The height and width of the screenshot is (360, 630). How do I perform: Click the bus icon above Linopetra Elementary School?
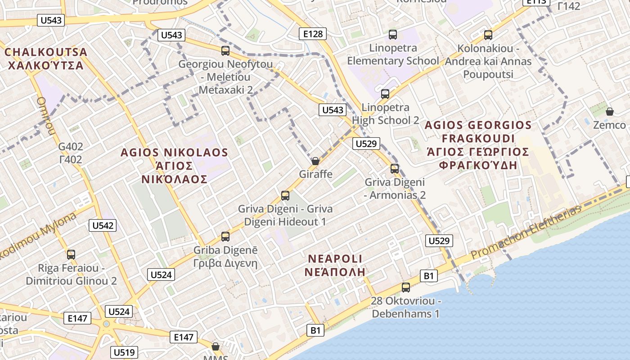pyautogui.click(x=393, y=34)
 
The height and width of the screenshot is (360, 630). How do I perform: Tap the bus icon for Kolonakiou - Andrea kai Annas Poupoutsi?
pyautogui.click(x=488, y=35)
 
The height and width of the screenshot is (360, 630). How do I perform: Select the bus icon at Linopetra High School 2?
pyautogui.click(x=385, y=94)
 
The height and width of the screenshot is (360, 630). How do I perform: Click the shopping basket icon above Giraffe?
pyautogui.click(x=315, y=161)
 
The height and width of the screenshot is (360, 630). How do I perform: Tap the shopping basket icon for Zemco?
pyautogui.click(x=610, y=111)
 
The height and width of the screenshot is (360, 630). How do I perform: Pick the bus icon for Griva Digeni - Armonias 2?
pyautogui.click(x=395, y=168)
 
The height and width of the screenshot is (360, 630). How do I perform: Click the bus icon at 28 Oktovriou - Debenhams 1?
pyautogui.click(x=406, y=287)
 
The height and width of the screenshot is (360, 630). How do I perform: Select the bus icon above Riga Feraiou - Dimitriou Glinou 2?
pyautogui.click(x=71, y=254)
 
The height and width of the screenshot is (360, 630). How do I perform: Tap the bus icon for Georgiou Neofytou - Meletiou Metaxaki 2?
pyautogui.click(x=225, y=50)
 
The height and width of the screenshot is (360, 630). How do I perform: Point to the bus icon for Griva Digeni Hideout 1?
pyautogui.click(x=285, y=195)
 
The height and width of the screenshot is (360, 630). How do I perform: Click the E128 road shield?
pyautogui.click(x=313, y=34)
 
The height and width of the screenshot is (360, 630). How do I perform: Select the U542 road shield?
pyautogui.click(x=103, y=225)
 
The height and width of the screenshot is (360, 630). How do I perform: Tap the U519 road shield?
pyautogui.click(x=124, y=352)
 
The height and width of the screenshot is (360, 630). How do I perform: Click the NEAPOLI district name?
pyautogui.click(x=335, y=259)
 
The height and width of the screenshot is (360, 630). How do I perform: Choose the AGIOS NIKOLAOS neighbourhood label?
pyautogui.click(x=174, y=153)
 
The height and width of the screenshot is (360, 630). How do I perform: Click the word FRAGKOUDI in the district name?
pyautogui.click(x=478, y=138)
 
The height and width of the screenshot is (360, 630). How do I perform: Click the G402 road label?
pyautogui.click(x=71, y=146)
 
